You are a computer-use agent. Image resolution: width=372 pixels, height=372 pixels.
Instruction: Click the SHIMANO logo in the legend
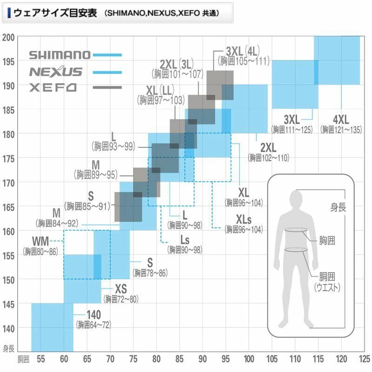pyautogui.click(x=60, y=55)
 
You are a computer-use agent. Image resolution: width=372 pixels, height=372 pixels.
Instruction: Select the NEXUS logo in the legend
pyautogui.click(x=55, y=72)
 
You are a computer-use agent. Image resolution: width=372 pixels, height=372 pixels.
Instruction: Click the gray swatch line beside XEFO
pyautogui.click(x=107, y=87)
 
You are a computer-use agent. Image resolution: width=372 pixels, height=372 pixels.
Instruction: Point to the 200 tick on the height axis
pyautogui.click(x=9, y=37)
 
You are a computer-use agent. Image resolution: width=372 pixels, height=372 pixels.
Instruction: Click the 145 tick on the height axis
pyautogui.click(x=9, y=304)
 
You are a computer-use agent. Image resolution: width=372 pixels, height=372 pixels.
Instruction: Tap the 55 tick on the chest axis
pyautogui.click(x=40, y=359)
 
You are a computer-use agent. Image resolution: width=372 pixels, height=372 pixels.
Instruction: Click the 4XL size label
pyautogui.click(x=341, y=120)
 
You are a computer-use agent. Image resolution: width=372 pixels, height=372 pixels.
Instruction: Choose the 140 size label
pyautogui.click(x=93, y=315)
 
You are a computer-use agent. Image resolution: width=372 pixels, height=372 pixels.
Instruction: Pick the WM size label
pyautogui.click(x=40, y=242)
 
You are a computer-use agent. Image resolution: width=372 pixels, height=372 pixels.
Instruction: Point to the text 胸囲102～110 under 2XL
pyautogui.click(x=269, y=158)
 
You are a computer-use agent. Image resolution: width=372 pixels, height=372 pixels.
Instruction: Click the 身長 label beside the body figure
pyautogui.click(x=338, y=207)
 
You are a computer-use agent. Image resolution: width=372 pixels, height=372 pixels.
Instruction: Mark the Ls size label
pyautogui.click(x=185, y=240)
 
